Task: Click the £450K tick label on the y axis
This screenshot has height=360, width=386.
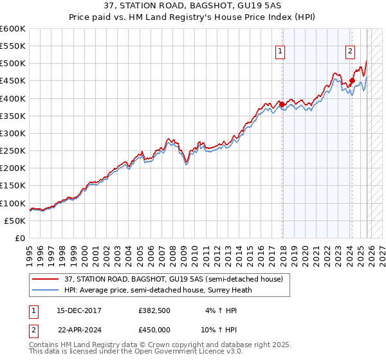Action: click(13, 81)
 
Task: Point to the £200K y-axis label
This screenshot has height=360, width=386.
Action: click(13, 168)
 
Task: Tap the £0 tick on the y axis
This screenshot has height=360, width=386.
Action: click(20, 238)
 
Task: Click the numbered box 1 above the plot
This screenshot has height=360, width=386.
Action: click(281, 53)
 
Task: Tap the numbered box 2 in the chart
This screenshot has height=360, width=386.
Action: click(351, 53)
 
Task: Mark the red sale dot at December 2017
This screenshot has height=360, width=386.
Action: click(282, 105)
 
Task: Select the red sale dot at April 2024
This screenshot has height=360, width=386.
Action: click(352, 81)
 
